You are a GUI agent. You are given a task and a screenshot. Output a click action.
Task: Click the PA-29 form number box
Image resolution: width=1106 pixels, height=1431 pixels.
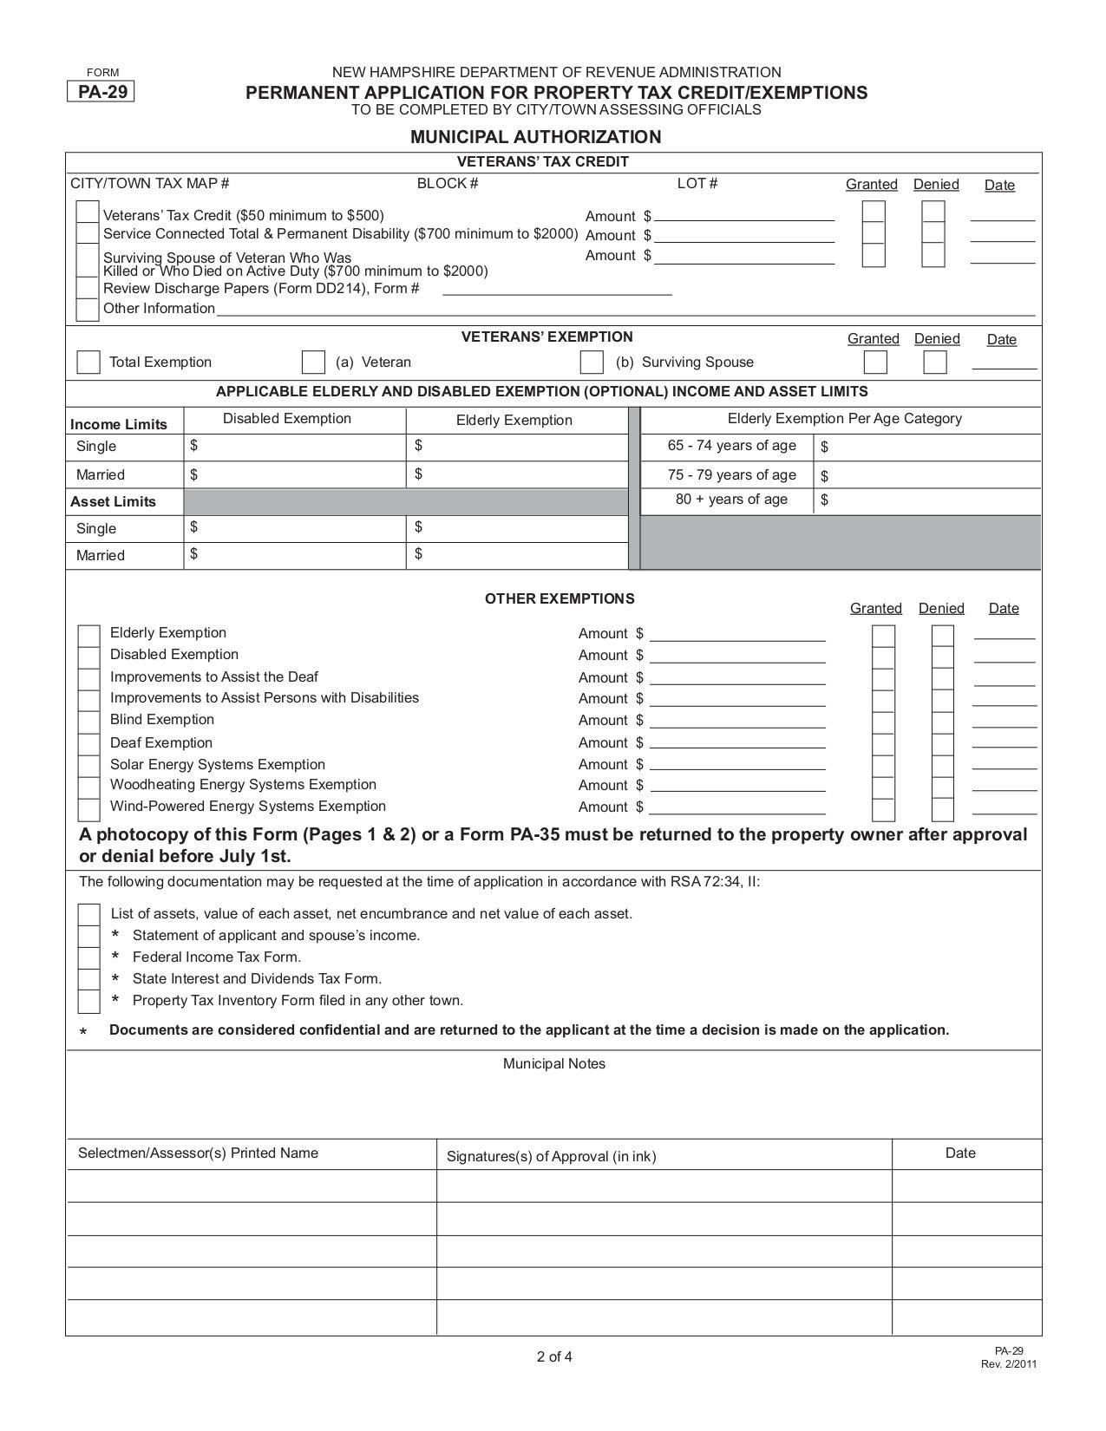[x=101, y=92]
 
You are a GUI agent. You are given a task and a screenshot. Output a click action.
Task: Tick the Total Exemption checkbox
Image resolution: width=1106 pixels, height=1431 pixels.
[x=88, y=363]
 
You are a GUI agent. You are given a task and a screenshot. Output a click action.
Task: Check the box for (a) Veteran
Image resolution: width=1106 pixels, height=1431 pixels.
[x=313, y=363]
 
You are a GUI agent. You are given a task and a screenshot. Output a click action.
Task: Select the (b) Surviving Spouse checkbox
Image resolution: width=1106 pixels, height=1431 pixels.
[x=592, y=363]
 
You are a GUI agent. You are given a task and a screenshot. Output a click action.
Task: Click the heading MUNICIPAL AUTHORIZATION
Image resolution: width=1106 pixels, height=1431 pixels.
[x=535, y=137]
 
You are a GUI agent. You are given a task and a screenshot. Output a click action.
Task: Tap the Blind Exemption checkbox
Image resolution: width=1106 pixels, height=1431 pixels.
[x=88, y=722]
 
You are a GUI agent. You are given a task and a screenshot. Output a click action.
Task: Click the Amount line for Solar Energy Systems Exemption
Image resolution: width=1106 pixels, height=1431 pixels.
[x=737, y=766]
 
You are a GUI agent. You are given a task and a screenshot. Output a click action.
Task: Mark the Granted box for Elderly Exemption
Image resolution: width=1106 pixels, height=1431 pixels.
[x=883, y=636]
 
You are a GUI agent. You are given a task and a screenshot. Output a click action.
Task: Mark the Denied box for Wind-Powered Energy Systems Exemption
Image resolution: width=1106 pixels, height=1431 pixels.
[x=943, y=810]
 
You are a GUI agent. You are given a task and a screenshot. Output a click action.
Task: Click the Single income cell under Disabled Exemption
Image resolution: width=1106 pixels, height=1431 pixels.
[x=295, y=446]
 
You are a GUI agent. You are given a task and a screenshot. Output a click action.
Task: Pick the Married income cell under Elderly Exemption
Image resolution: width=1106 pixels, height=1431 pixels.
[x=518, y=474]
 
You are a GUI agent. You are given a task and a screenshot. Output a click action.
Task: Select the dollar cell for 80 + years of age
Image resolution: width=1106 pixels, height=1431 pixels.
[x=926, y=500]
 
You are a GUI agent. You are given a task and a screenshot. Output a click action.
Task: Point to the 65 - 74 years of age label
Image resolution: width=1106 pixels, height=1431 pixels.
[x=731, y=446]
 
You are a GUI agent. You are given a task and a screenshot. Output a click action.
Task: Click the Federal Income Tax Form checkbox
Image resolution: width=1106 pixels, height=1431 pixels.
[x=88, y=957]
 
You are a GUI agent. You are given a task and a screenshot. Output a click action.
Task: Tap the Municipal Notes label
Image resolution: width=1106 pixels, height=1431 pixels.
[x=554, y=1064]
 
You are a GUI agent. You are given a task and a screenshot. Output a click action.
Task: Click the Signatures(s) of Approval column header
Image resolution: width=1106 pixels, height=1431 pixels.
[x=551, y=1156]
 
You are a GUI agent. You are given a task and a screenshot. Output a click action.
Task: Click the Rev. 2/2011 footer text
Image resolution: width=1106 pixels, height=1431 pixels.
[x=1009, y=1364]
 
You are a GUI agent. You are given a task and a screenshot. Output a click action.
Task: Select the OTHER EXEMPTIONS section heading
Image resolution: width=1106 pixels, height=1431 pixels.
[x=560, y=599]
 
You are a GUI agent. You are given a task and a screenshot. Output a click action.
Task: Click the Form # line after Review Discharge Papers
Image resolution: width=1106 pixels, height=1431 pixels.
[x=557, y=291]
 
